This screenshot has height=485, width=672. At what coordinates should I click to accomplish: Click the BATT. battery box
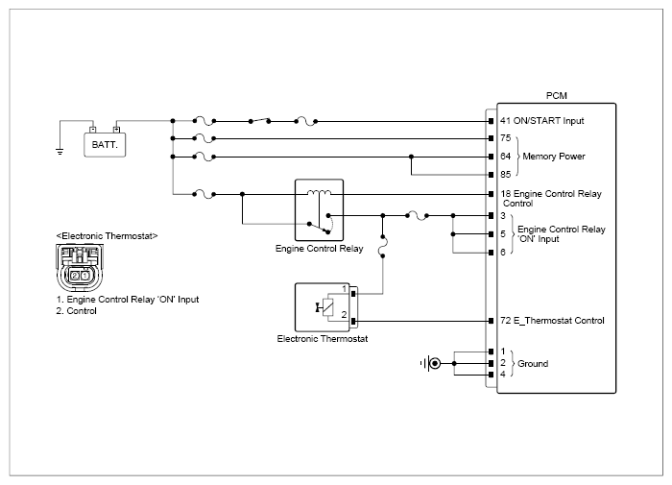tap(105, 145)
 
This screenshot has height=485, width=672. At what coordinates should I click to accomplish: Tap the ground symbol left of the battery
tap(60, 151)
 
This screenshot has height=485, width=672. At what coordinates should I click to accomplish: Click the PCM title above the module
tap(556, 96)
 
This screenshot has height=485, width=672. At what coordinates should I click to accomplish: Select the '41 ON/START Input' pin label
tap(541, 121)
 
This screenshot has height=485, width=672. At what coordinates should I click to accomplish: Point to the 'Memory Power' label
tap(554, 157)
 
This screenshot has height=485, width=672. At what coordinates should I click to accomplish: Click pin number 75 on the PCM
tap(506, 138)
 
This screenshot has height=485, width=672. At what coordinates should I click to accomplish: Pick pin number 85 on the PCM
tap(506, 175)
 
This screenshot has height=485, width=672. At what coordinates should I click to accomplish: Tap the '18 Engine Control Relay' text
tap(551, 194)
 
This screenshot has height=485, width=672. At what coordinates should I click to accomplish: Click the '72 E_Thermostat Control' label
tap(552, 321)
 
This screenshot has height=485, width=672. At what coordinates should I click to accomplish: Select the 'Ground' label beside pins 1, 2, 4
tap(533, 364)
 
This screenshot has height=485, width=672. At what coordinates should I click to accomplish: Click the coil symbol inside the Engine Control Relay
tap(319, 192)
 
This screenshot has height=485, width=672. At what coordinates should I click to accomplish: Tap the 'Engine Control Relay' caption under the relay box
tap(319, 249)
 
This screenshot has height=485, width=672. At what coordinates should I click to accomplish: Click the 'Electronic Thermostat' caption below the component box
tap(323, 339)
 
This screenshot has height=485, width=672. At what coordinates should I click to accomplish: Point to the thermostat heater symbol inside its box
tap(325, 307)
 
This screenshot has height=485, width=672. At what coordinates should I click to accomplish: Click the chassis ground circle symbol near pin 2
tap(435, 364)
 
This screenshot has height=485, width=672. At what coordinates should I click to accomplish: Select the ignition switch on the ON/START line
tap(260, 121)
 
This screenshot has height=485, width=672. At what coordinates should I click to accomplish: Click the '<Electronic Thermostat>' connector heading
tap(107, 236)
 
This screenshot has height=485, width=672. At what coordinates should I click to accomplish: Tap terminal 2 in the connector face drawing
tap(75, 276)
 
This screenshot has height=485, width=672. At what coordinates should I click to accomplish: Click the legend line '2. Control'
tap(76, 311)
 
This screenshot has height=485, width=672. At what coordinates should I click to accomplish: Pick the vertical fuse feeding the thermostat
tap(383, 246)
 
